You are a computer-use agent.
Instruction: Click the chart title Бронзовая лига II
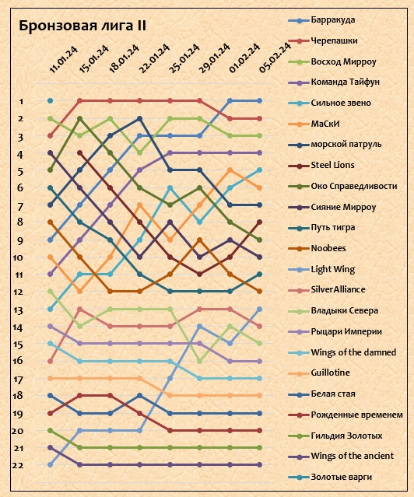82,26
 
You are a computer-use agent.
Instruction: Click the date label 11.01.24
64,60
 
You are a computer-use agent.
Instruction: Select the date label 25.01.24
184,59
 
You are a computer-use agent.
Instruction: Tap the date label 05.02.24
275,58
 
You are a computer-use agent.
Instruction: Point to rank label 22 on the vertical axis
18,465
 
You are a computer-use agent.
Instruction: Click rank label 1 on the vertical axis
21,101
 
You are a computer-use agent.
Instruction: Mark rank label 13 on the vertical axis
19,310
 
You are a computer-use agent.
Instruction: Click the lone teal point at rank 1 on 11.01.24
50,101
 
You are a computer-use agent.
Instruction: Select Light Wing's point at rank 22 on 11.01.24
50,464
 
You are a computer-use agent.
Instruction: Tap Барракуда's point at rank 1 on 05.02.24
259,101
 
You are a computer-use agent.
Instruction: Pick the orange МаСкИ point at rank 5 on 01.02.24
230,170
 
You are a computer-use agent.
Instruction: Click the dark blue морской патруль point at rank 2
139,118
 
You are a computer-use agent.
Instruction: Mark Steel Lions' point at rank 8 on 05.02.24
259,222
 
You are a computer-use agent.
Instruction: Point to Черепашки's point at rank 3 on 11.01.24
50,135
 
